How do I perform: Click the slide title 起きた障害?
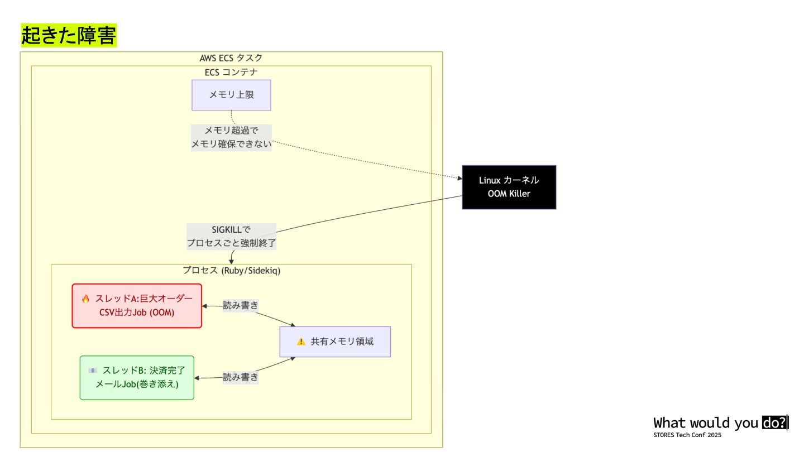(x=69, y=36)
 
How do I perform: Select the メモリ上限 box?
(x=231, y=95)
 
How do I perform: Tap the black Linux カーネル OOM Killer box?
(x=509, y=187)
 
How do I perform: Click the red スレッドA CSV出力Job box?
(x=137, y=306)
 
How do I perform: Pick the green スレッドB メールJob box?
(x=137, y=378)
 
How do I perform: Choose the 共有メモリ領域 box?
(x=335, y=342)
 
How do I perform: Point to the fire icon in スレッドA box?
(x=85, y=299)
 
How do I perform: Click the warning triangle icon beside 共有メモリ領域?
(x=301, y=342)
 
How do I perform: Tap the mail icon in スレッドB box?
(x=93, y=371)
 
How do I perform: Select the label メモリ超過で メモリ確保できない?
(x=231, y=137)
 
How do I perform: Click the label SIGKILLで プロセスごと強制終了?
(x=231, y=236)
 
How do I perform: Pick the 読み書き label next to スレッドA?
(x=241, y=305)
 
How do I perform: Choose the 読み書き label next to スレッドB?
(x=241, y=377)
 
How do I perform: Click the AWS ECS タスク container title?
(x=231, y=58)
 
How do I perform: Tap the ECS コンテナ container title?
(x=231, y=73)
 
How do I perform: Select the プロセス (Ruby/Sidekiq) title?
(x=231, y=271)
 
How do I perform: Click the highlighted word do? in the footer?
(x=775, y=422)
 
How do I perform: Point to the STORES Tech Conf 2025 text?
(x=687, y=435)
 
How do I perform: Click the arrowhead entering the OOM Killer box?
(x=460, y=179)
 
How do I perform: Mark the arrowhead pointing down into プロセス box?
(x=231, y=261)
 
